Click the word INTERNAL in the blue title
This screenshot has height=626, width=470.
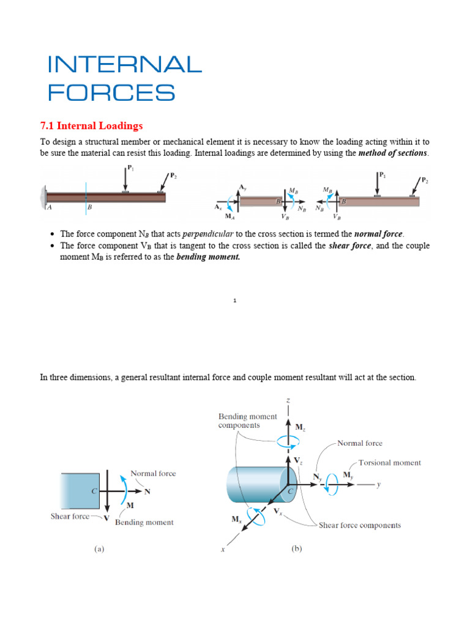[x=124, y=64]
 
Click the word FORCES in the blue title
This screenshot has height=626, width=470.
[x=111, y=93]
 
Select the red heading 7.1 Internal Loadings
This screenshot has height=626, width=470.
[x=91, y=126]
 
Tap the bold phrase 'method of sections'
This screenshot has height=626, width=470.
[x=393, y=153]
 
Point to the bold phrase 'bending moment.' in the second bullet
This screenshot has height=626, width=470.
[x=209, y=257]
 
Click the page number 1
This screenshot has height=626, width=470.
[x=235, y=301]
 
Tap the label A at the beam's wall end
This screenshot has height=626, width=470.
[x=49, y=207]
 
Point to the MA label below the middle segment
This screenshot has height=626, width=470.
[x=229, y=216]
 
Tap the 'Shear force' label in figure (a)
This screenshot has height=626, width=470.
[x=70, y=517]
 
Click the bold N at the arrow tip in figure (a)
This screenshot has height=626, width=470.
[x=147, y=491]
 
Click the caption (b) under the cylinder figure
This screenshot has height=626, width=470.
[x=296, y=549]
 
